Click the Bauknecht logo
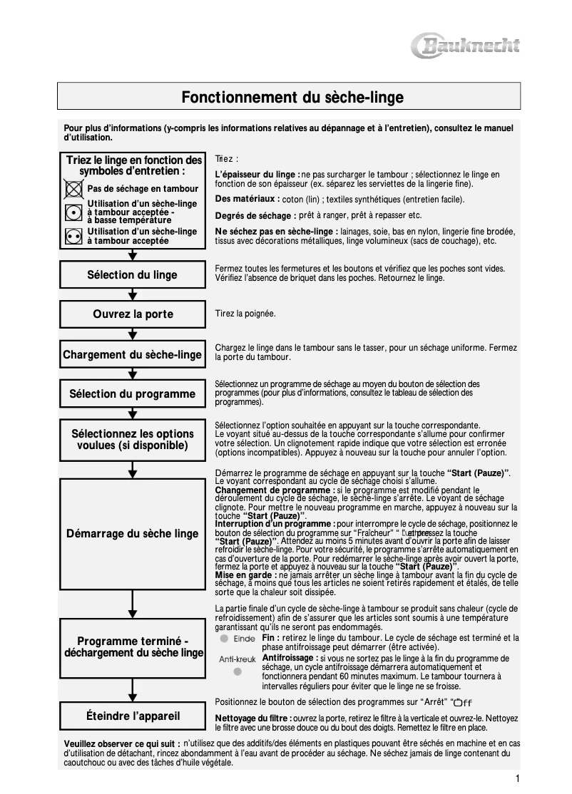click(x=466, y=47)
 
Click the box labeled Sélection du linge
click(x=132, y=275)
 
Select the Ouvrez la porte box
click(x=132, y=314)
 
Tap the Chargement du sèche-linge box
click(x=132, y=355)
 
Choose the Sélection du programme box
click(x=132, y=394)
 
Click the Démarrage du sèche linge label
click(x=132, y=534)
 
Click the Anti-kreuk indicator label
click(x=237, y=659)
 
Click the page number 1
click(x=517, y=778)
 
